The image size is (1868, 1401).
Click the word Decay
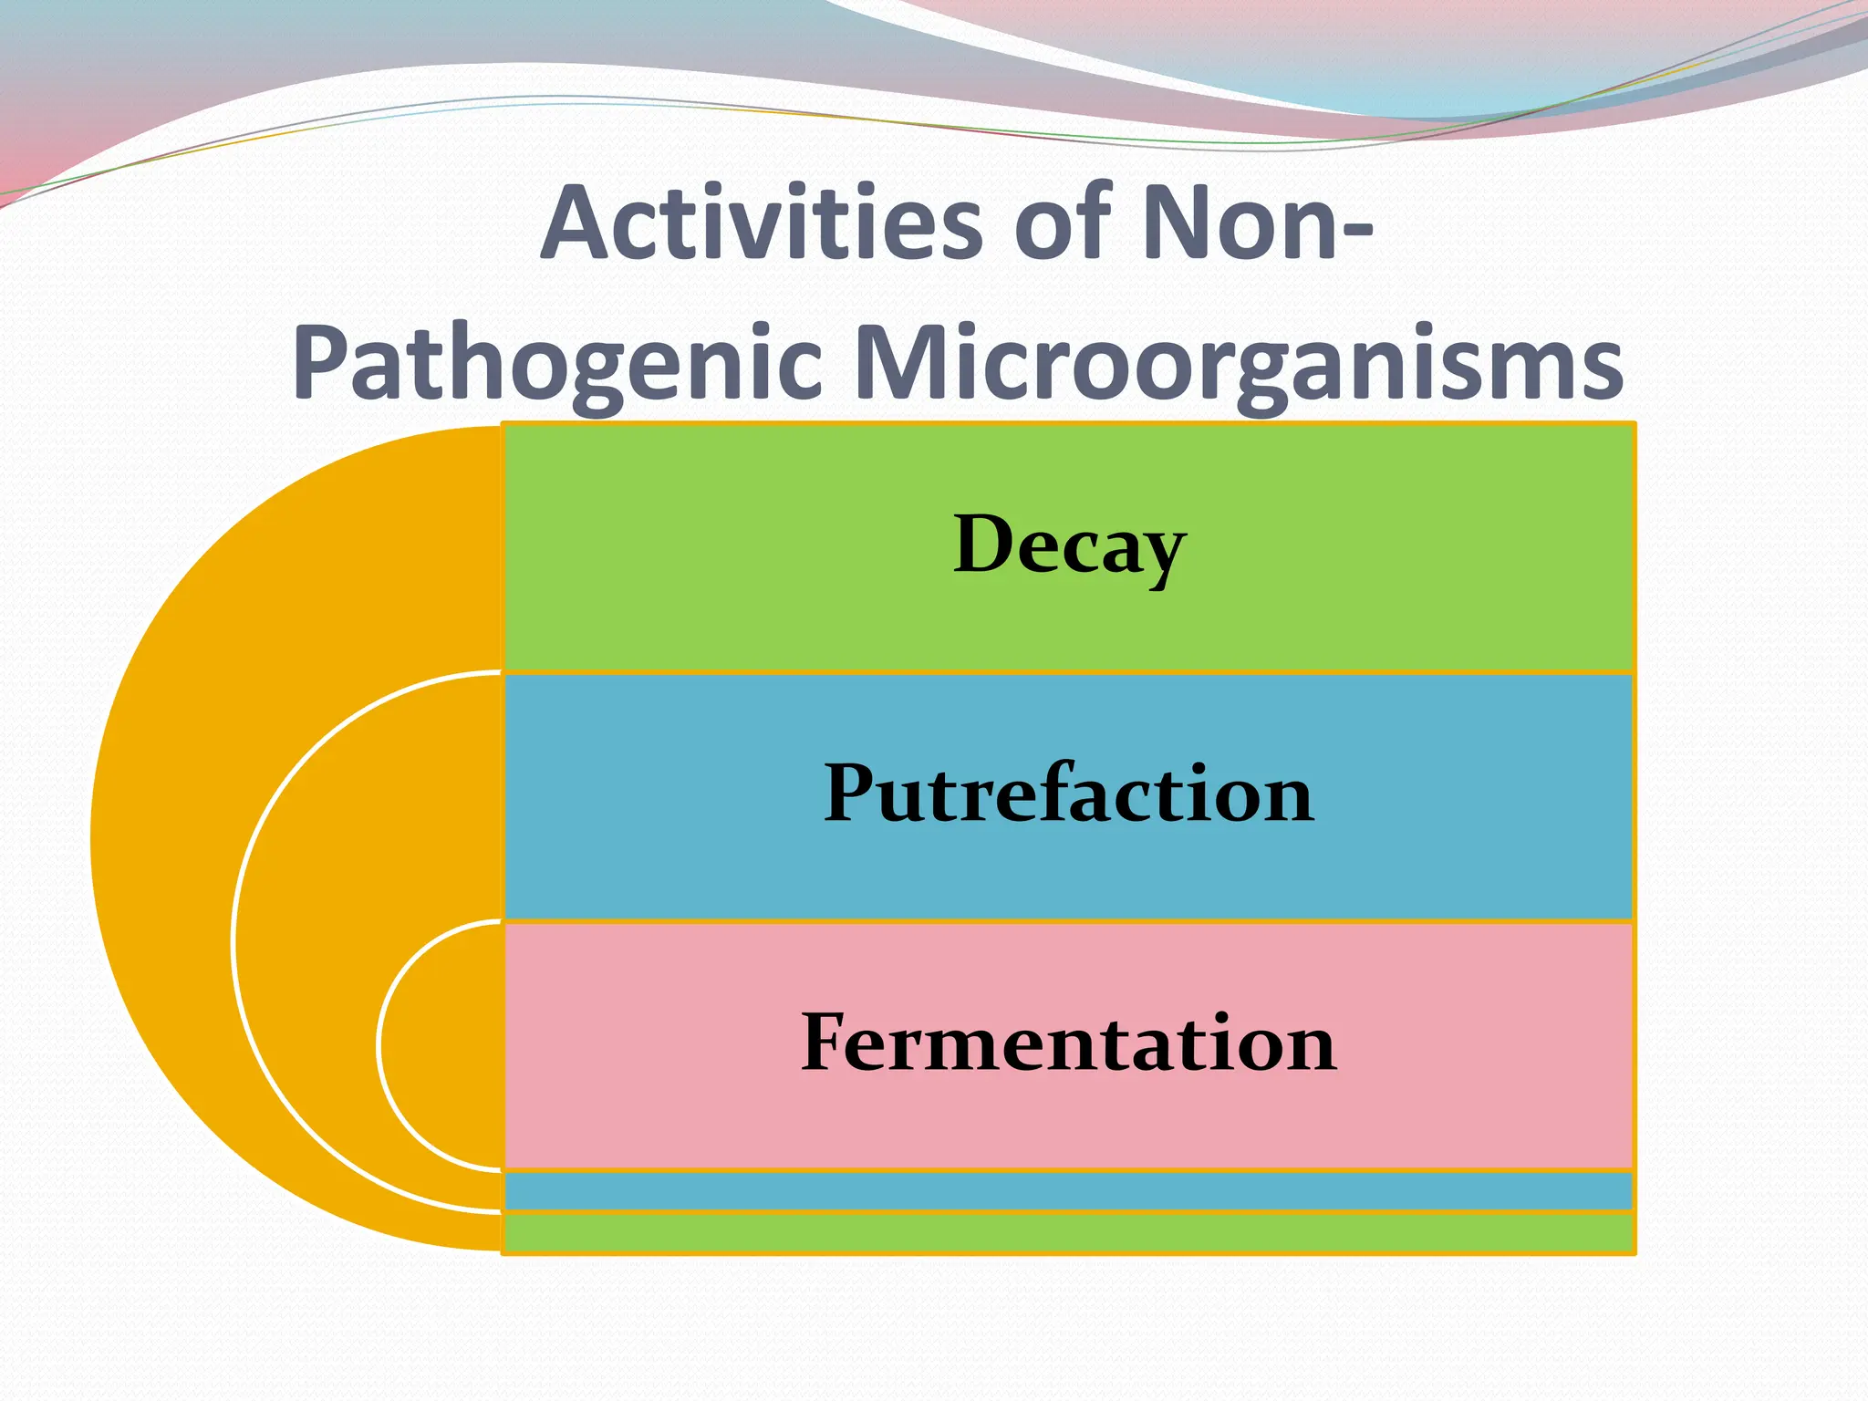1069,545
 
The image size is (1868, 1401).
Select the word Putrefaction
1069,794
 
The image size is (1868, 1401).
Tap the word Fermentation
1069,1043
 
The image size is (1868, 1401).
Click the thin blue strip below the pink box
1067,1190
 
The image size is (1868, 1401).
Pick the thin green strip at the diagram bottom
1067,1233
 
